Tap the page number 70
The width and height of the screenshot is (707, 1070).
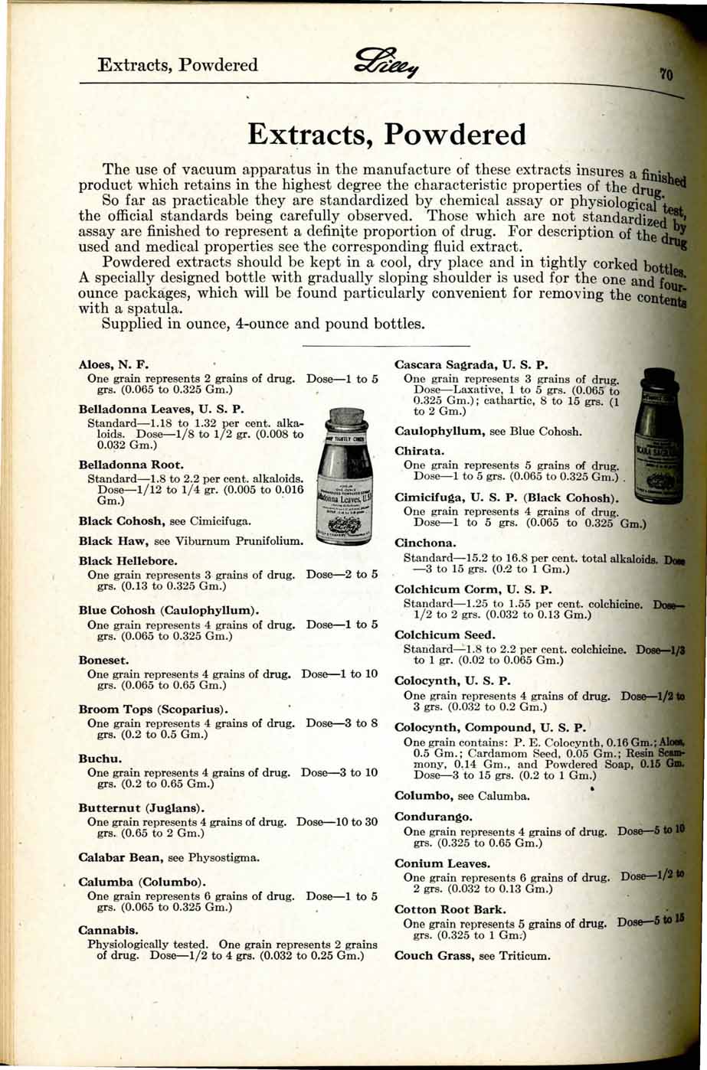coord(666,74)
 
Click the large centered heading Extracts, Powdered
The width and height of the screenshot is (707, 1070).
coord(388,135)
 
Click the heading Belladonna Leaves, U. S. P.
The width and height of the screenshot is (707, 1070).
coord(162,409)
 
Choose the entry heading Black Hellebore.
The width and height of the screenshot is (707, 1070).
coord(128,561)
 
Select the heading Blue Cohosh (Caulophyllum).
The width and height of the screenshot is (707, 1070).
coord(169,611)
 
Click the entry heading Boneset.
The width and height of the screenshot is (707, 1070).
coord(103,660)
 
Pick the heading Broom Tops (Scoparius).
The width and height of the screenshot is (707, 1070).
coord(155,710)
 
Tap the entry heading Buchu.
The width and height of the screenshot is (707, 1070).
coord(100,759)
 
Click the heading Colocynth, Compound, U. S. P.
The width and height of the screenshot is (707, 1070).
coord(489,728)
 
